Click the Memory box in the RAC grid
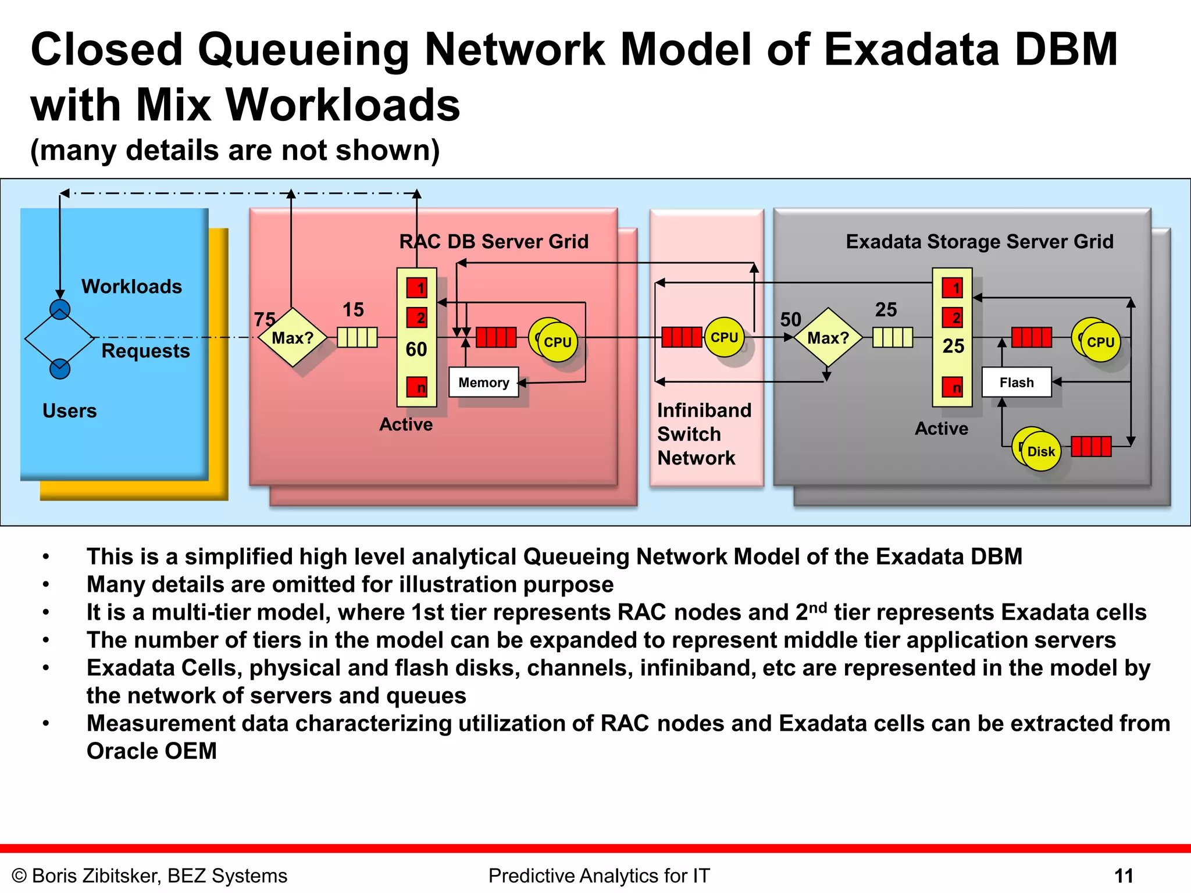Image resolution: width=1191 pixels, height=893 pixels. pyautogui.click(x=483, y=383)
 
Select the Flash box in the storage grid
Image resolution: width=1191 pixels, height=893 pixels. pyautogui.click(x=1017, y=383)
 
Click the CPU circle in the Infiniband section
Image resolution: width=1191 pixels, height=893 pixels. pyautogui.click(x=724, y=337)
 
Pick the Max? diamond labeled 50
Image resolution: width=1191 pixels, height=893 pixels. pyautogui.click(x=828, y=338)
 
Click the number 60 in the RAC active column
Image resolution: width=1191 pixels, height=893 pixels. pyautogui.click(x=416, y=349)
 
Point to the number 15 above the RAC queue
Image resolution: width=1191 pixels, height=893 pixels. pyautogui.click(x=353, y=310)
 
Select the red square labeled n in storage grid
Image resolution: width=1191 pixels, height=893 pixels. pyautogui.click(x=953, y=388)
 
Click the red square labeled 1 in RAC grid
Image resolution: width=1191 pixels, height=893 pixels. pyautogui.click(x=417, y=288)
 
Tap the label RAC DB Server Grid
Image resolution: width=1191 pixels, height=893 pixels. pyautogui.click(x=494, y=241)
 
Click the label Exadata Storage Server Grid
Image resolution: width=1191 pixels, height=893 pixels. pyautogui.click(x=979, y=241)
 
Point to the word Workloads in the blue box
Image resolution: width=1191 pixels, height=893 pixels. pyautogui.click(x=131, y=287)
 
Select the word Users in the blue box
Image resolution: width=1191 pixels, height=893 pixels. pyautogui.click(x=69, y=411)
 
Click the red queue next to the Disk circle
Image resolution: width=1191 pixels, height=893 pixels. pyautogui.click(x=1091, y=446)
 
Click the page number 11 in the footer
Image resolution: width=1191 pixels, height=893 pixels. pyautogui.click(x=1124, y=876)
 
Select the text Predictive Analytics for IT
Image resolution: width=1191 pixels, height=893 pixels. pyautogui.click(x=599, y=876)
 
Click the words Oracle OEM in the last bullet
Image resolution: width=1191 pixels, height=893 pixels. pyautogui.click(x=151, y=751)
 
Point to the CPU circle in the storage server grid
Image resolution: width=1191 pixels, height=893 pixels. pyautogui.click(x=1099, y=342)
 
